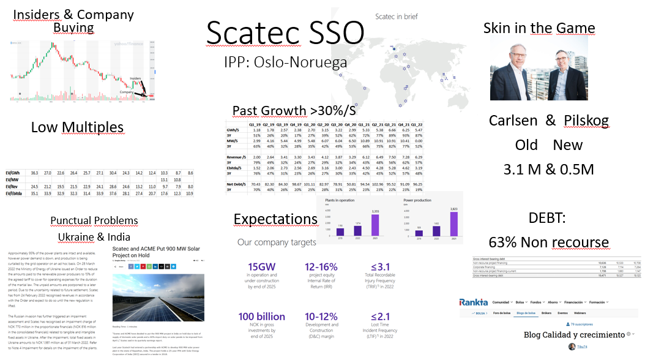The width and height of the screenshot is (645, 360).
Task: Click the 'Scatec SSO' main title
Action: pyautogui.click(x=285, y=33)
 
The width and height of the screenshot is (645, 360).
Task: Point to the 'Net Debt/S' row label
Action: pyautogui.click(x=238, y=184)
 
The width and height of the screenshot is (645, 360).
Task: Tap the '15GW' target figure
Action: pyautogui.click(x=261, y=268)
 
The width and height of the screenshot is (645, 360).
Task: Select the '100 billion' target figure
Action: pyautogui.click(x=262, y=316)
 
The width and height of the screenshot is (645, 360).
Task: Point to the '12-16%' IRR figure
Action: pyautogui.click(x=322, y=268)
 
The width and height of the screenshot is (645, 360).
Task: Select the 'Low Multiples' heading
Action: pyautogui.click(x=77, y=127)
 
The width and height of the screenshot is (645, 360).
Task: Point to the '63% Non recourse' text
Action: pyautogui.click(x=548, y=242)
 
